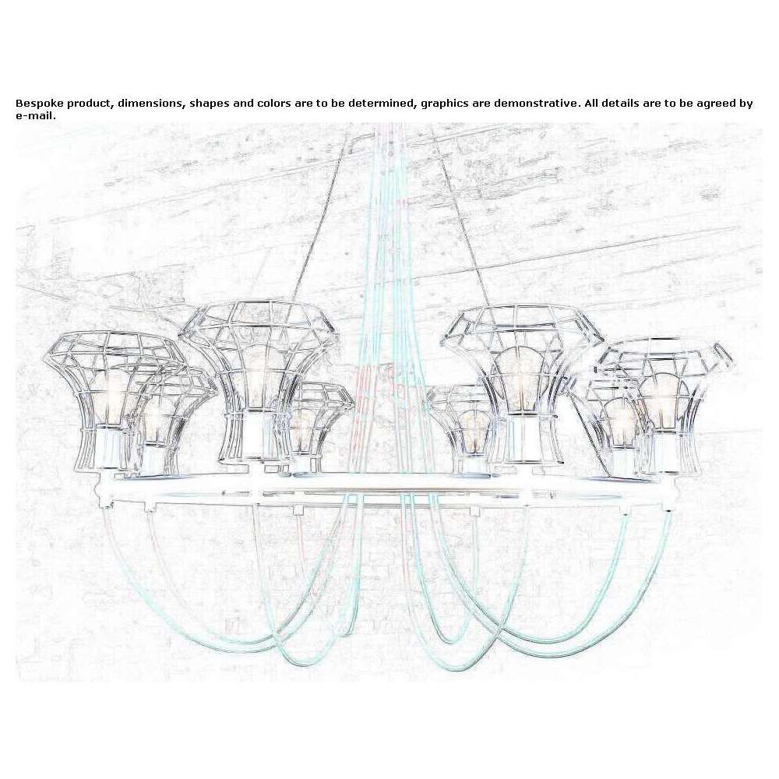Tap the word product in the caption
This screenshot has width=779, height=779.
tap(90, 104)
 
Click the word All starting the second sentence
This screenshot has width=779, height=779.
tap(592, 104)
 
